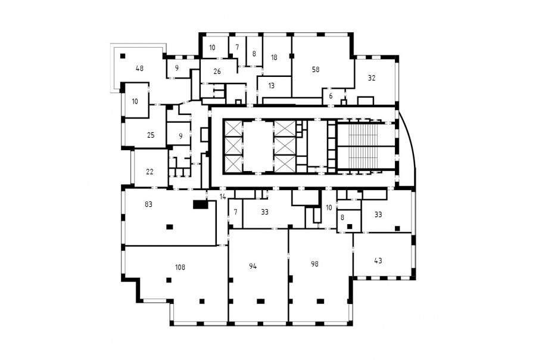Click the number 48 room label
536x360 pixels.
coord(139,68)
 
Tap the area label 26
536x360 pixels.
coord(217,72)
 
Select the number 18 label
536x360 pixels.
coord(274,57)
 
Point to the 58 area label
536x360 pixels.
coord(316,70)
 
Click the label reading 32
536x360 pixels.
coord(372,78)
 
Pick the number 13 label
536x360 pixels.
coord(272,86)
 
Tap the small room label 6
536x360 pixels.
coord(331,97)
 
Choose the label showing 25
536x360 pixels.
coord(151,135)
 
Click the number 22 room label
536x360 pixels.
coord(149,172)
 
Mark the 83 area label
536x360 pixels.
coord(148,204)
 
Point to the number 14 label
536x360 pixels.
coord(223,197)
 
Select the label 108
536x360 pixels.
coord(180,267)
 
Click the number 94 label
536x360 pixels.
coord(253,266)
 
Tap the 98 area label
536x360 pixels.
coord(315,264)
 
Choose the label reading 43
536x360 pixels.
coord(378,260)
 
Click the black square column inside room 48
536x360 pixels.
coord(122,56)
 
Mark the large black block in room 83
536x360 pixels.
coord(200,204)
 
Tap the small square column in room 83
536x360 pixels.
coord(169,226)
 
